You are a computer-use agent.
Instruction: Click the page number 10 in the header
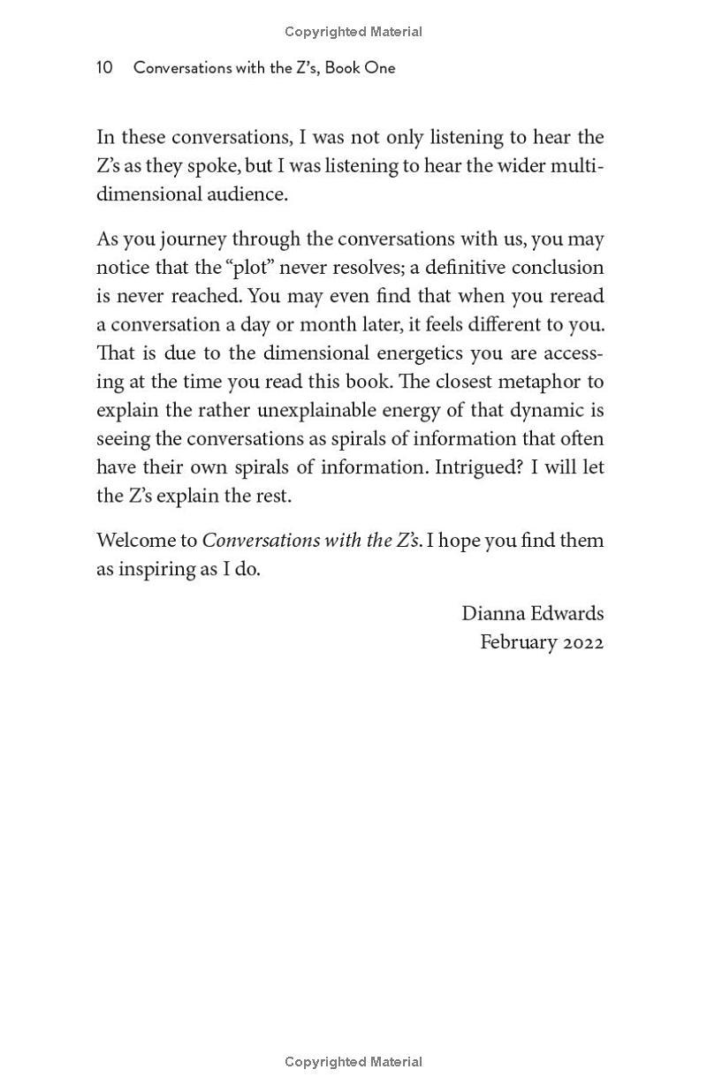tap(104, 68)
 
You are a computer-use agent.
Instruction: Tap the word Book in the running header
tap(343, 68)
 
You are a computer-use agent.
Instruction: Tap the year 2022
tap(583, 642)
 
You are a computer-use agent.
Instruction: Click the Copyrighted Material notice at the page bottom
tap(353, 1062)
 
